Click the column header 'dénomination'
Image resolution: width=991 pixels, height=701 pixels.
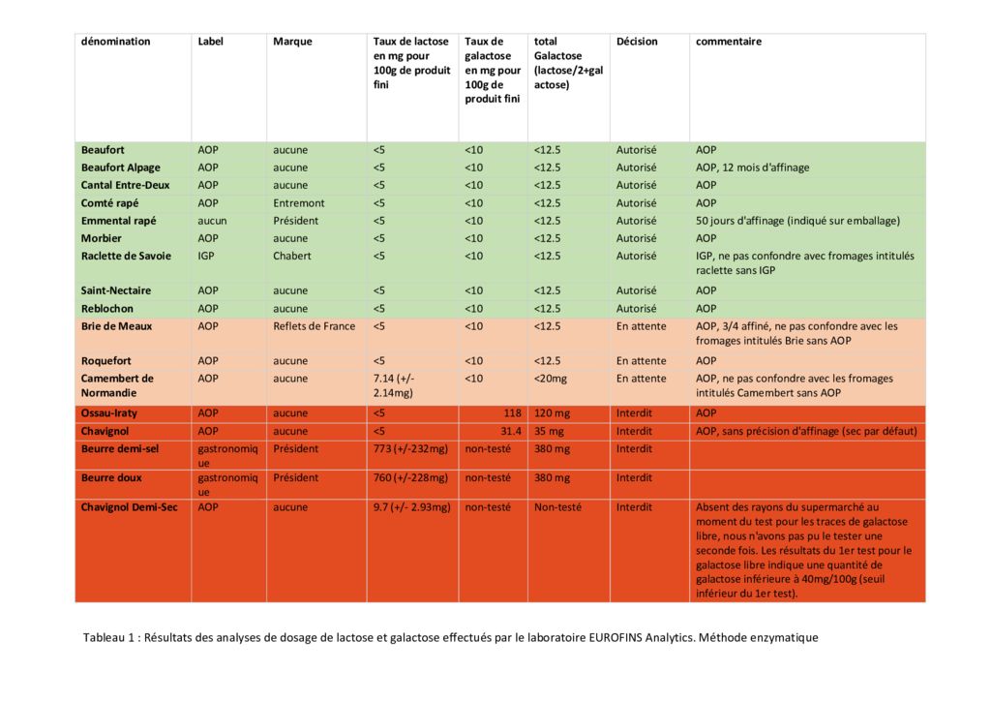(116, 42)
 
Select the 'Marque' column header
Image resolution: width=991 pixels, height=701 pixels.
(292, 42)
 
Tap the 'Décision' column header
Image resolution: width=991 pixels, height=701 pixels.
(637, 42)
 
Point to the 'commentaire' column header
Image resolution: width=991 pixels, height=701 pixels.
(729, 42)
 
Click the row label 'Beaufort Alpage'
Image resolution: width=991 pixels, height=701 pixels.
(121, 168)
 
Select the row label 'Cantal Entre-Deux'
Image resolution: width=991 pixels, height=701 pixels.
(126, 185)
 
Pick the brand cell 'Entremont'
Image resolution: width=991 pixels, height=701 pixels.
(299, 203)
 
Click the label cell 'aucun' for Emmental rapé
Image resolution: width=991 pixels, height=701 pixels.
(212, 221)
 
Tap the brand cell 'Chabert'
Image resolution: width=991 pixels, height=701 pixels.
(292, 256)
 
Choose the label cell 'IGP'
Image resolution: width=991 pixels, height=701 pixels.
(206, 256)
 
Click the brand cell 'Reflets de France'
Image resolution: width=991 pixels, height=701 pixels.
(315, 326)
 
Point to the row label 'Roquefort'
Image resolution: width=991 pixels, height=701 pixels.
(106, 361)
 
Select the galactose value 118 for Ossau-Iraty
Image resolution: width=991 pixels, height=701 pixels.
(513, 413)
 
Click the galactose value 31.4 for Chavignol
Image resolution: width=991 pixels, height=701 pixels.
(511, 431)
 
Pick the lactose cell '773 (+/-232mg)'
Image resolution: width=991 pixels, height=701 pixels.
(410, 449)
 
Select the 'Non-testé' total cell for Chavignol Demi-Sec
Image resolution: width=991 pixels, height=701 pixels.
(557, 507)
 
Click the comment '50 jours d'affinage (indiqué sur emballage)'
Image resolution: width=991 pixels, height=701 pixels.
(797, 221)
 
